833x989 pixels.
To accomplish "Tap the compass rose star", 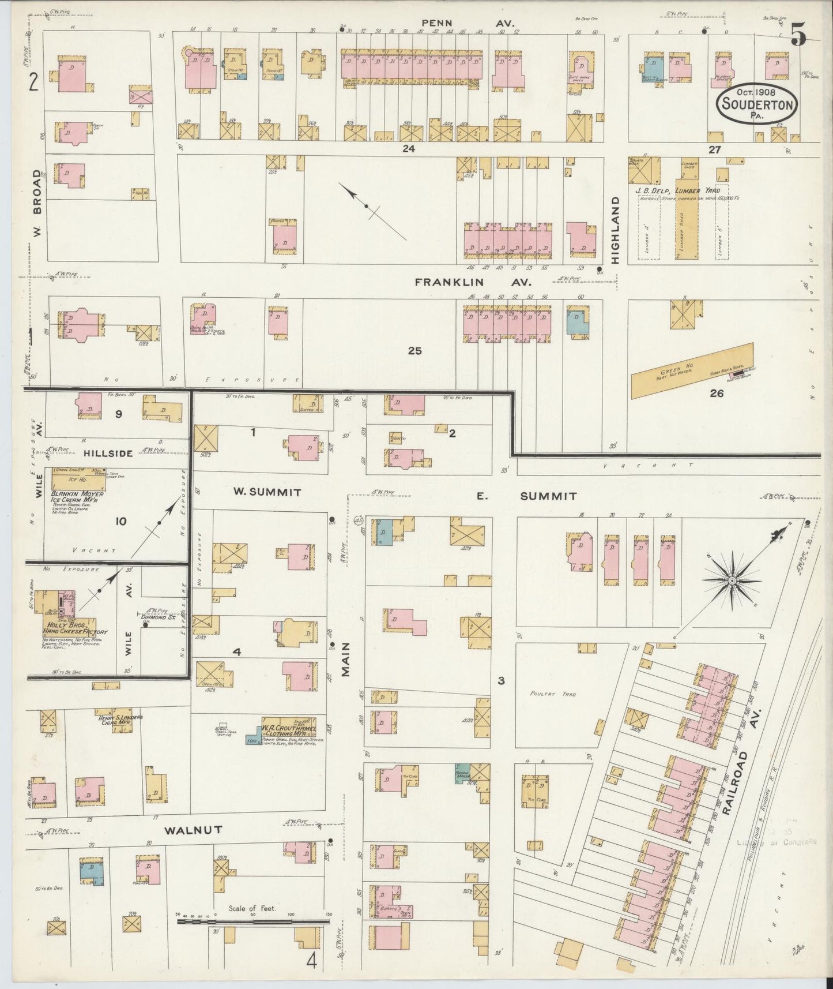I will coord(731,580).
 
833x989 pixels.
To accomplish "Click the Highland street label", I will coord(615,230).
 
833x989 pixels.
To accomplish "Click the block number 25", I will coord(415,350).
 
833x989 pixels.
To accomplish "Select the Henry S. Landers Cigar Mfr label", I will coord(120,721).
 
